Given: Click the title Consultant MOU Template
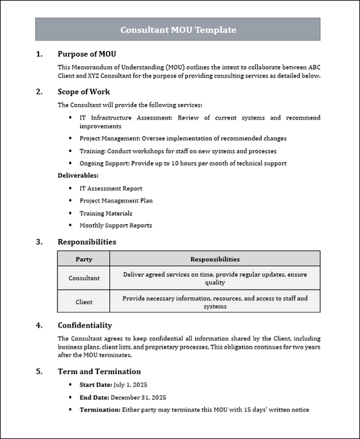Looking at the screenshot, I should pyautogui.click(x=178, y=30).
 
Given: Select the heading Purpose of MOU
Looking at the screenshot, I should pyautogui.click(x=91, y=54).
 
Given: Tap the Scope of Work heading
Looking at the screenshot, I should pyautogui.click(x=84, y=92).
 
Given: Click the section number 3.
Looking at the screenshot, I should pyautogui.click(x=39, y=242).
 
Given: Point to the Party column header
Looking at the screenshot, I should pyautogui.click(x=84, y=259).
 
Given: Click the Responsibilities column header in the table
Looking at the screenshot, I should pyautogui.click(x=215, y=259).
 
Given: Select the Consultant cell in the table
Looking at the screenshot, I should pyautogui.click(x=84, y=278).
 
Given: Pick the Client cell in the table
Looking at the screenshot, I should pyautogui.click(x=84, y=302).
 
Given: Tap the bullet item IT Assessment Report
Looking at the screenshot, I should pyautogui.click(x=111, y=188).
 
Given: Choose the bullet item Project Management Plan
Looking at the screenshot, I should pyautogui.click(x=115, y=201).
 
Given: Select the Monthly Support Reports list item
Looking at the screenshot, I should pyautogui.click(x=115, y=226).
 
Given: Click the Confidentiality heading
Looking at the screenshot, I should pyautogui.click(x=84, y=326).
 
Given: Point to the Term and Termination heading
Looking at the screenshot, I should pyautogui.click(x=99, y=371).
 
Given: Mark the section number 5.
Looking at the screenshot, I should pyautogui.click(x=39, y=371).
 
